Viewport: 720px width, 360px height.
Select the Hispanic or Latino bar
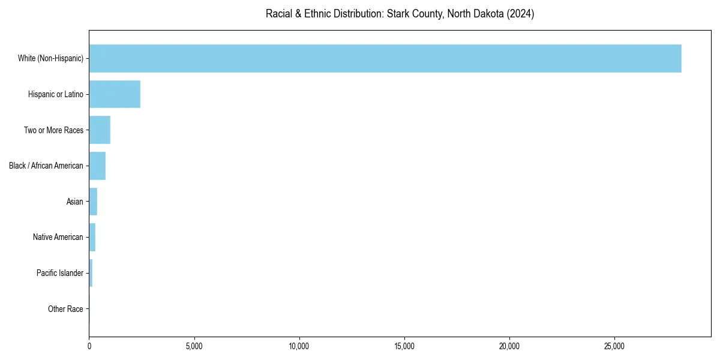click(x=115, y=94)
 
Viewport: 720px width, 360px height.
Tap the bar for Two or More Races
click(x=100, y=130)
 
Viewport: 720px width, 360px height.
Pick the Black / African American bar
click(x=97, y=166)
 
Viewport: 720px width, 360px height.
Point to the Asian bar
click(x=93, y=202)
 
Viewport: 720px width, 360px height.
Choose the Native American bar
click(x=92, y=237)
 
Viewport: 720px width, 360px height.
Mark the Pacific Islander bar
click(x=91, y=273)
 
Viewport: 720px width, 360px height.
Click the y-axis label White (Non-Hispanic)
click(x=50, y=58)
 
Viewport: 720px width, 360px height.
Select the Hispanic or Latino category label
click(x=56, y=94)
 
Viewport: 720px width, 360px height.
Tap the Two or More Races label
click(x=53, y=130)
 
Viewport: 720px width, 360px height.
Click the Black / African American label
click(x=46, y=166)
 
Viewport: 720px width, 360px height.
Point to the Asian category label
click(x=75, y=202)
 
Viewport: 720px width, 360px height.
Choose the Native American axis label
click(x=58, y=237)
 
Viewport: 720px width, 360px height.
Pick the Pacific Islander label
click(x=60, y=273)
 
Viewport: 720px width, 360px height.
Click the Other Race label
click(x=65, y=309)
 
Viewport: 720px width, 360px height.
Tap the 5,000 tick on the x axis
click(x=194, y=346)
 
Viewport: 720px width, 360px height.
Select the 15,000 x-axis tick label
click(x=404, y=346)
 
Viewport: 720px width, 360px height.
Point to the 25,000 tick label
click(x=614, y=346)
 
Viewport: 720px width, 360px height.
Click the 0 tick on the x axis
click(x=89, y=346)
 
